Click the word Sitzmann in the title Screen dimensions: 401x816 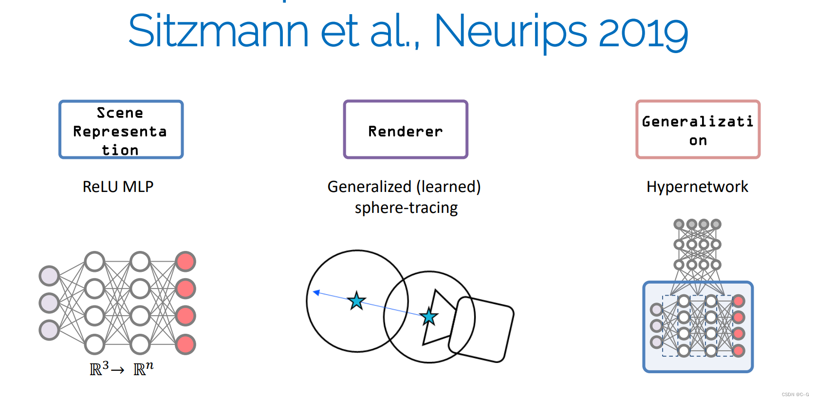(x=218, y=31)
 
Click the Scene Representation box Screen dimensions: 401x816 (x=121, y=130)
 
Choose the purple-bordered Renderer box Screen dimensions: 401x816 (x=406, y=130)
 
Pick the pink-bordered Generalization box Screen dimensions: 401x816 (x=698, y=130)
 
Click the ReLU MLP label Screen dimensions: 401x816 (x=118, y=187)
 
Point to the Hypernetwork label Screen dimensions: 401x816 (x=697, y=187)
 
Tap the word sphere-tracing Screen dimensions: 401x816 (x=406, y=208)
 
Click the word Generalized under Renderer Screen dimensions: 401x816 (x=370, y=187)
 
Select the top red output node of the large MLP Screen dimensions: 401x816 (x=185, y=262)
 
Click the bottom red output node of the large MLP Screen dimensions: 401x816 (x=185, y=344)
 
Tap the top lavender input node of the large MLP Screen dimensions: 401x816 (x=49, y=276)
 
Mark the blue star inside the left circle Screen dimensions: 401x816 (x=357, y=301)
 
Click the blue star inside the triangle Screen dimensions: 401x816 (x=429, y=317)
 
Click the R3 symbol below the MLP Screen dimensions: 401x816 (x=99, y=369)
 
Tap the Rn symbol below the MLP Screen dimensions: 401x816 (x=143, y=369)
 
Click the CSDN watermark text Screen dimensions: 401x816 (x=795, y=395)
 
